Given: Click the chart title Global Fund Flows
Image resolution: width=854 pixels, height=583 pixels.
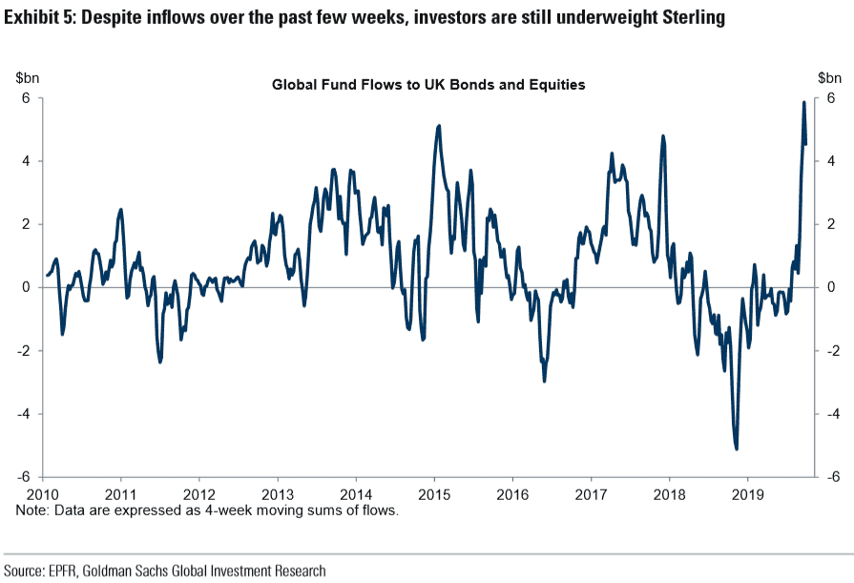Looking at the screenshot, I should click(x=428, y=85).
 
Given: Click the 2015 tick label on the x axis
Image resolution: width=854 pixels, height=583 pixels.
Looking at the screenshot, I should click(x=434, y=495).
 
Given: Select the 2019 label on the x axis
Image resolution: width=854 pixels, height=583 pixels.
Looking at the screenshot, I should click(x=747, y=495).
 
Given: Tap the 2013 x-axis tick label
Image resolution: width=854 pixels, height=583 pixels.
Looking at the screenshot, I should click(x=278, y=495).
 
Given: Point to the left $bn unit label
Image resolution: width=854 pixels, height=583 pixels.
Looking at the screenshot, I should click(x=26, y=77).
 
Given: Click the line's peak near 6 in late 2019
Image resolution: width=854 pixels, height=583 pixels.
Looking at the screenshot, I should click(x=803, y=102).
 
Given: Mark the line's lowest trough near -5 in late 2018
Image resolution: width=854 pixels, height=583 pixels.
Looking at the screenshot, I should click(x=736, y=448).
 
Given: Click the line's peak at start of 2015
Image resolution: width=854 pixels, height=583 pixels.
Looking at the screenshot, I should click(x=438, y=125).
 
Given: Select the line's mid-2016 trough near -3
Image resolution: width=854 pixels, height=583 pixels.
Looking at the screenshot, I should click(x=544, y=381).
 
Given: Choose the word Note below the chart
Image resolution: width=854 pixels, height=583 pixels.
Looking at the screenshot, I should click(x=31, y=510).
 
